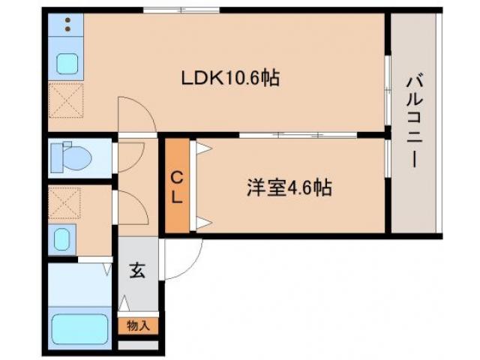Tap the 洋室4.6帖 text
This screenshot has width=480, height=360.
point(288,187)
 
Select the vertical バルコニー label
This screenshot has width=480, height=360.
point(415,120)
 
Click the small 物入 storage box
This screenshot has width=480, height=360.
point(138,326)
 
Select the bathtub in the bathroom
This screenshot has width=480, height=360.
point(79,328)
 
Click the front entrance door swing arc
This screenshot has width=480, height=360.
point(184,259)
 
